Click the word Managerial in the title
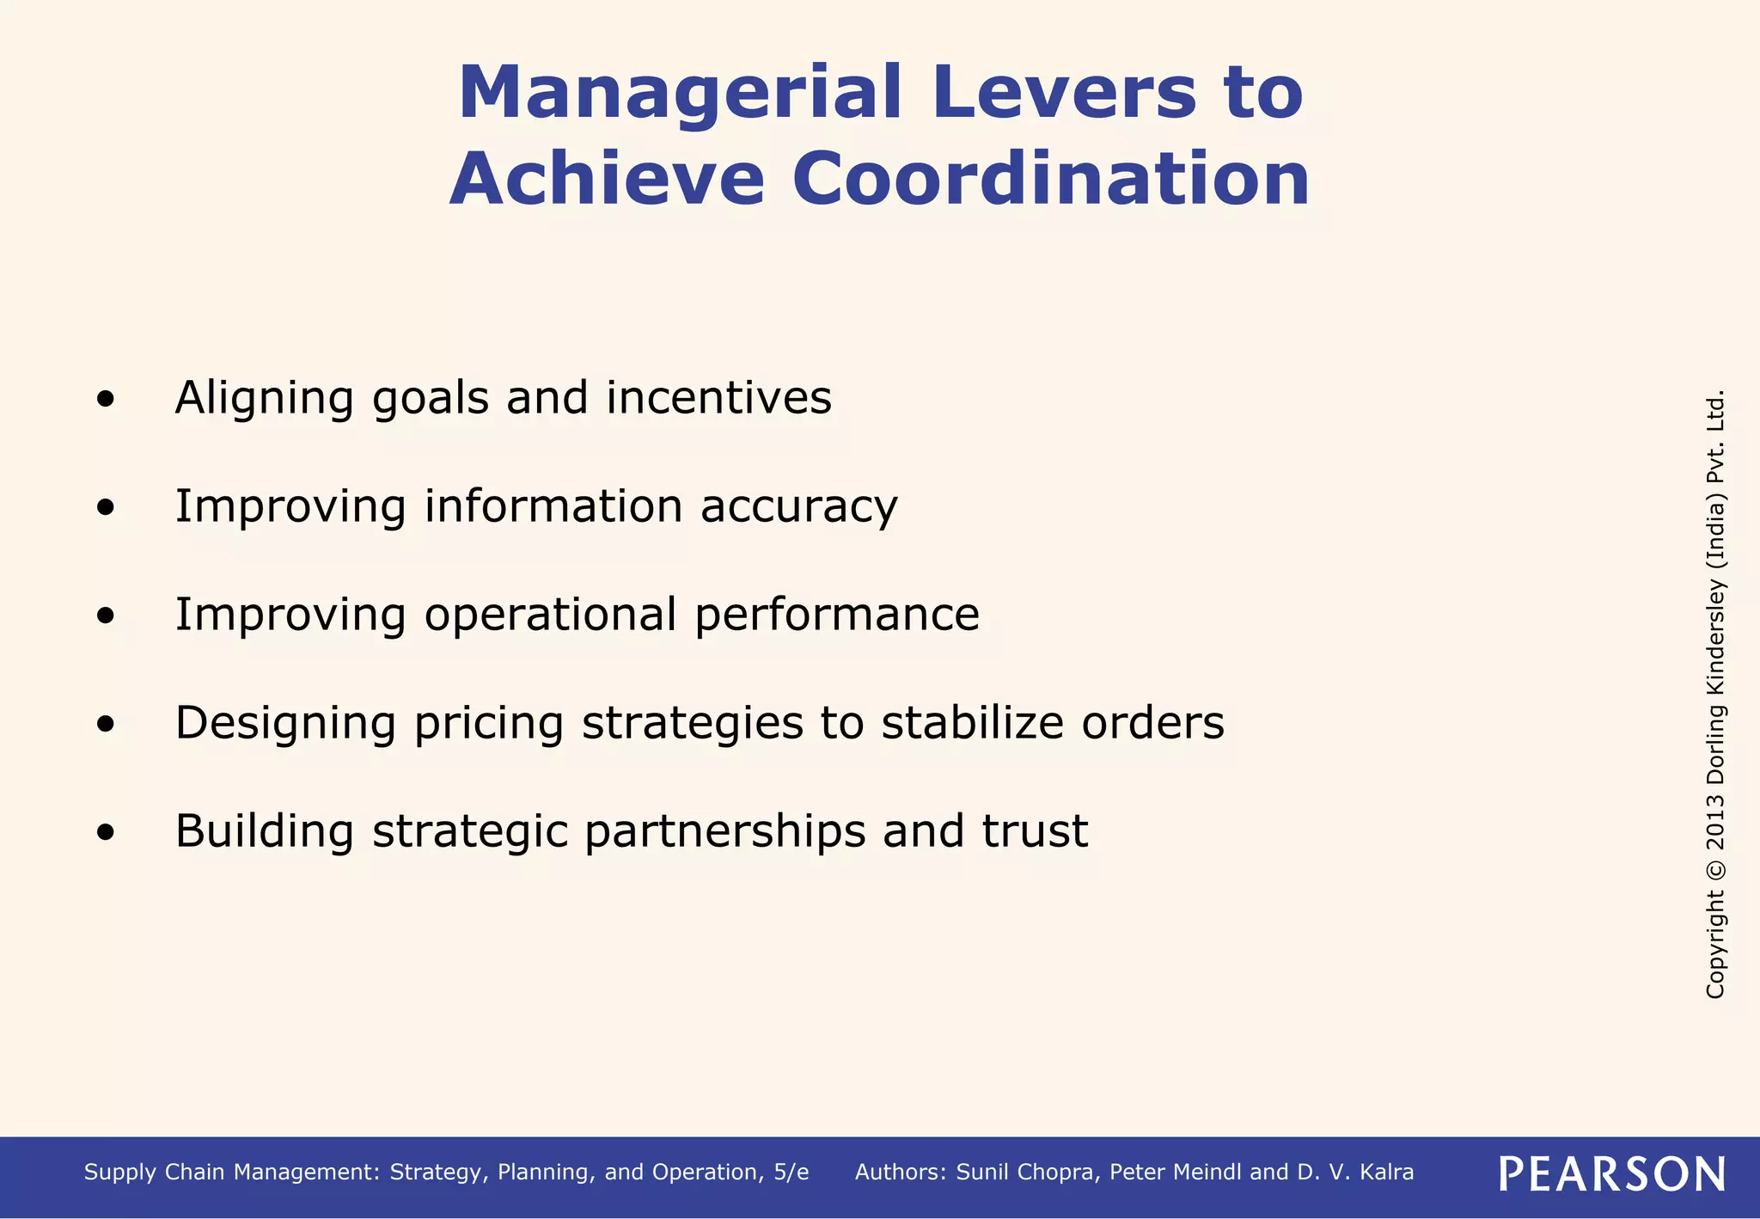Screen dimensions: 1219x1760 679,93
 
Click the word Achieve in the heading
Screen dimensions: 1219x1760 607,179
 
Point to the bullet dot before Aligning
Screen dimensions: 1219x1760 106,399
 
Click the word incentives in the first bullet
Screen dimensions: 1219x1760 718,397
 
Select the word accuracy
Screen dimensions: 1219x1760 798,506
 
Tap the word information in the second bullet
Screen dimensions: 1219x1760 553,505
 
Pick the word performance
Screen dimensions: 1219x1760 836,616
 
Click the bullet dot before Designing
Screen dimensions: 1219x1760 106,724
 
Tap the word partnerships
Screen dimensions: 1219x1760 724,832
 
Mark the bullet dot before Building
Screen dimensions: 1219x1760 106,832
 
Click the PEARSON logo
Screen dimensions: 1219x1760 1611,1173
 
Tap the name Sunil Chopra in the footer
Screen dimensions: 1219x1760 1027,1173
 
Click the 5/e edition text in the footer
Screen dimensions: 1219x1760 790,1173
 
